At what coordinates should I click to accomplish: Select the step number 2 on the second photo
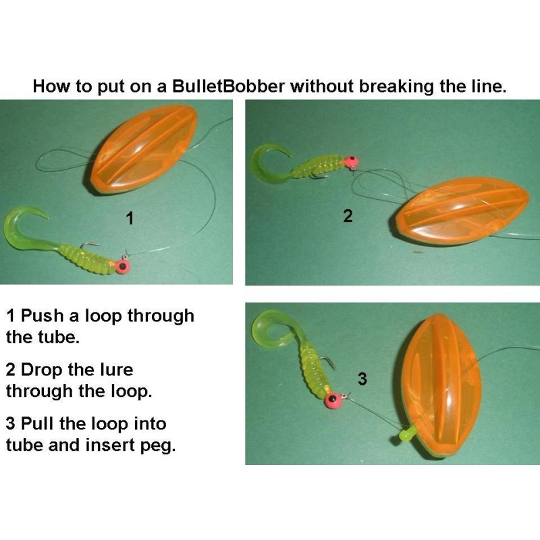[348, 217]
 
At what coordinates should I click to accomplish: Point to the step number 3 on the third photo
[362, 379]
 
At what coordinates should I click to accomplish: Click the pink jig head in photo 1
[122, 266]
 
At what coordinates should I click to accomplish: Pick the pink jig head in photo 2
[351, 161]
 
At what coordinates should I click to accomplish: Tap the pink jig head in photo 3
[332, 400]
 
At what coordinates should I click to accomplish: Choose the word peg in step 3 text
[154, 446]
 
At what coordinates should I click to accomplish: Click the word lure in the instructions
[113, 370]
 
